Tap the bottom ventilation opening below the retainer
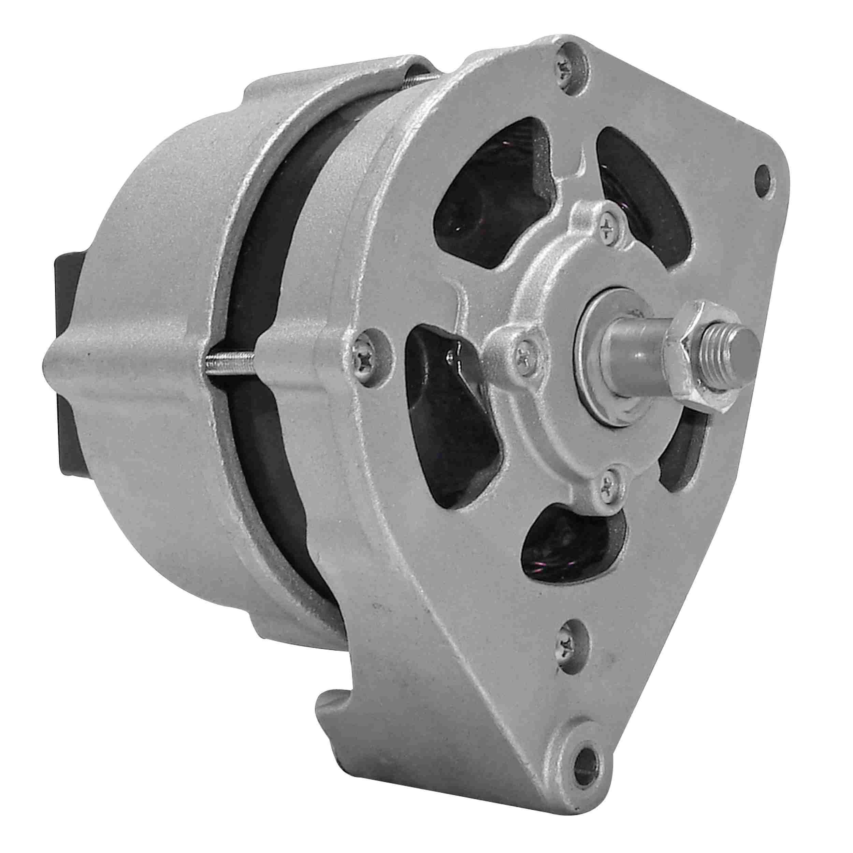click(569, 543)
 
